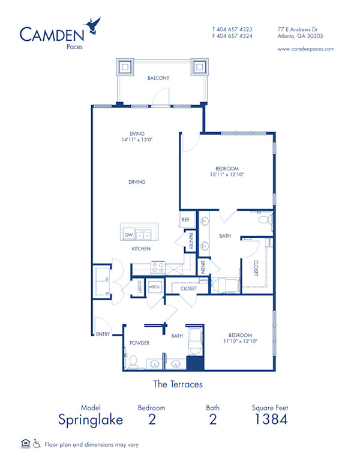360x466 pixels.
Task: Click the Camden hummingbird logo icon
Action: point(94,25)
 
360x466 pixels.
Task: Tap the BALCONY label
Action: point(158,78)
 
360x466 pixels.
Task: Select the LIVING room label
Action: point(137,134)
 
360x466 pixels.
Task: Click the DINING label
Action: point(137,182)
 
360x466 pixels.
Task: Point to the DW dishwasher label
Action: point(129,235)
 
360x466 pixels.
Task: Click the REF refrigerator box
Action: point(186,220)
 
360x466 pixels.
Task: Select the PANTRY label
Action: point(190,241)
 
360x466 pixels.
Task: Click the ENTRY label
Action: point(103,334)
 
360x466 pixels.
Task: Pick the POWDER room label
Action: point(139,343)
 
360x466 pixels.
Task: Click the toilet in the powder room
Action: point(133,362)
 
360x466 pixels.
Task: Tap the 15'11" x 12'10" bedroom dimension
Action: point(227,175)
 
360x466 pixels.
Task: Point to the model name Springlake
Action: point(91,419)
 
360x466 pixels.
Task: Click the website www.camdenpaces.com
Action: point(306,49)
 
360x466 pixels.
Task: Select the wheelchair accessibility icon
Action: point(37,444)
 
